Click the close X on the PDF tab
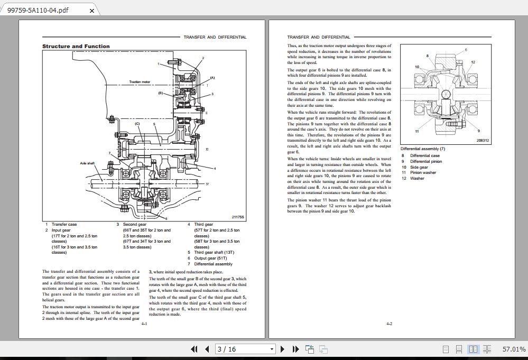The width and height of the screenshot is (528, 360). pos(92,10)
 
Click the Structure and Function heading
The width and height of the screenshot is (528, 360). pos(76,47)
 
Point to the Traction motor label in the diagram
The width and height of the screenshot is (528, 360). pos(140,82)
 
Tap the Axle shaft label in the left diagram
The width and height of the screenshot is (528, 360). pos(87,163)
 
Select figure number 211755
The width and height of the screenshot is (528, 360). pos(238,217)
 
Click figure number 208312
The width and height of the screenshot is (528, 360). pos(483,141)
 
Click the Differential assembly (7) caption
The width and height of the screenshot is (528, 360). pos(423,149)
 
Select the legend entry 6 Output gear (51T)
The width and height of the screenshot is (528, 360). pos(208,259)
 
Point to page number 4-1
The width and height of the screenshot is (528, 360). pos(144,324)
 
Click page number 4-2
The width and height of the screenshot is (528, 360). pos(389,324)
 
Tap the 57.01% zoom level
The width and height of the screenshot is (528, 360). pos(514,349)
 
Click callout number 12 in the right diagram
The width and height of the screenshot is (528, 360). pos(473,62)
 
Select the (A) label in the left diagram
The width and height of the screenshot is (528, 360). pos(212,78)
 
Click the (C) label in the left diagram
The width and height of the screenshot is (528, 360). pos(137,124)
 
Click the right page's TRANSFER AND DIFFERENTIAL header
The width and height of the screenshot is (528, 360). pos(319,38)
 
